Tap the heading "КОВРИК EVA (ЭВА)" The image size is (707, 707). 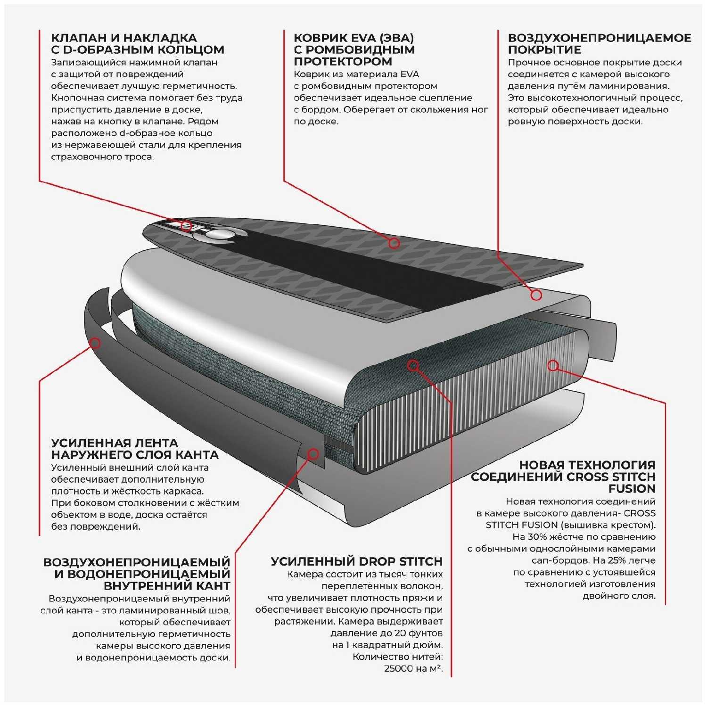click(x=353, y=38)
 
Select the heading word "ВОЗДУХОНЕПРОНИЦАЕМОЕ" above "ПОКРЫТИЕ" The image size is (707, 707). click(x=600, y=38)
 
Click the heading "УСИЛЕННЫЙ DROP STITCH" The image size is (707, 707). click(x=357, y=561)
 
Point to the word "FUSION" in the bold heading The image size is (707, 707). click(x=632, y=488)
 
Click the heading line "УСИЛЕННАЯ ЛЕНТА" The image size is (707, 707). click(x=115, y=443)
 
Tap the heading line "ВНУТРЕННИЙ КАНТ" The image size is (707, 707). click(x=167, y=586)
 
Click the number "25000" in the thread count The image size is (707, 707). click(x=399, y=668)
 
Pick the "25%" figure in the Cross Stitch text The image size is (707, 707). click(x=620, y=560)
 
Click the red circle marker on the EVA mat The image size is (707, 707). click(x=394, y=243)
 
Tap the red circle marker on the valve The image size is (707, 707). click(x=187, y=226)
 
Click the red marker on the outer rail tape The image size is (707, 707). click(x=95, y=343)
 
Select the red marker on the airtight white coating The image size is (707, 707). click(x=536, y=295)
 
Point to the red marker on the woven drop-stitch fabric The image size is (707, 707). click(x=413, y=365)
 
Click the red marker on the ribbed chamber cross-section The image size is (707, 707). click(x=553, y=365)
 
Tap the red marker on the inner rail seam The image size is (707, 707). click(x=313, y=454)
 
